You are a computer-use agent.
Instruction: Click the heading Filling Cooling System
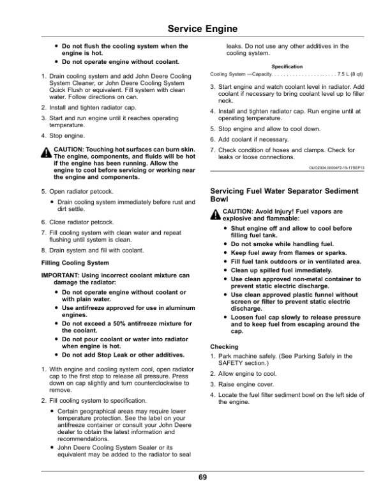pos(75,263)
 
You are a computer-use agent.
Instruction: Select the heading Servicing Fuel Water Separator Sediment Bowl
pos(284,195)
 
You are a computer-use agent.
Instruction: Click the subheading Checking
pos(223,345)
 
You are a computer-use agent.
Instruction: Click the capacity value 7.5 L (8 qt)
pos(350,75)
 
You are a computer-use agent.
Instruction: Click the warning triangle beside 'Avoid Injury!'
pos(215,215)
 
